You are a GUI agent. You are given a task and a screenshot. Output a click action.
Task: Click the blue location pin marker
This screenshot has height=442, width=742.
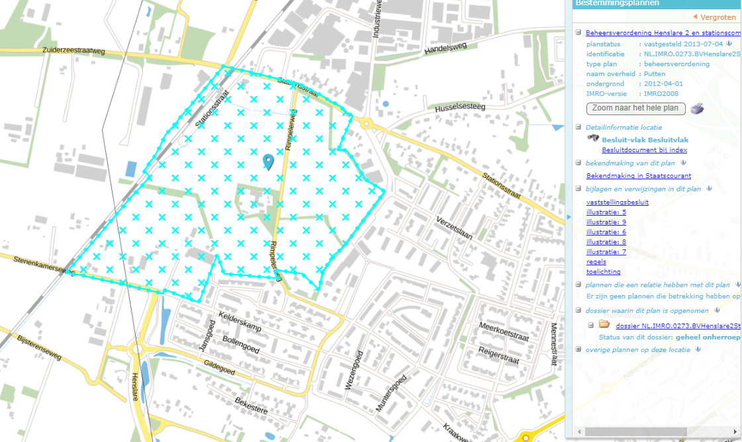(267, 161)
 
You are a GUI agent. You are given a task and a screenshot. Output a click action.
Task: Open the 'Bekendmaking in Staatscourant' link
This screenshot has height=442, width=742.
(639, 176)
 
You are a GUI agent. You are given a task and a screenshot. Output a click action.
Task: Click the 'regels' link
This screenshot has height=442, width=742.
(596, 262)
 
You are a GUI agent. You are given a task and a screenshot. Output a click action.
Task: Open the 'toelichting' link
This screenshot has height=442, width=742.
(603, 272)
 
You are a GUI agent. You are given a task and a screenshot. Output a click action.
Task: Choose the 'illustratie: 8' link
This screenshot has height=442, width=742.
(606, 242)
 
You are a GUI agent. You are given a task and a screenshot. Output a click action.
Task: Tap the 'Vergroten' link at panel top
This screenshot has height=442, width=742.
(717, 17)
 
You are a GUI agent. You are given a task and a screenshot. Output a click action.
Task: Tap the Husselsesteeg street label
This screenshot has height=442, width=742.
(460, 107)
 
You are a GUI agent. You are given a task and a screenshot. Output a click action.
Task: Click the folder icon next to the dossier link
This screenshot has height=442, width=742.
(604, 324)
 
